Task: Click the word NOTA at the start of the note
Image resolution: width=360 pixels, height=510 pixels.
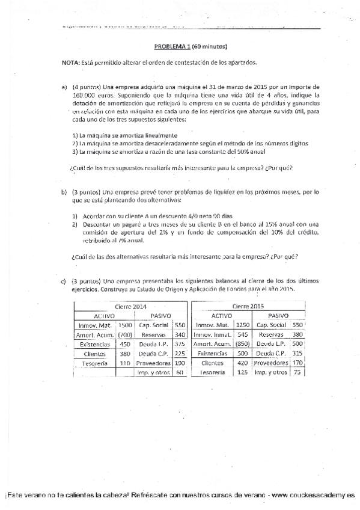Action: pyautogui.click(x=71, y=63)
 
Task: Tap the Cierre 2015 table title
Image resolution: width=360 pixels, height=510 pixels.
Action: pyautogui.click(x=248, y=306)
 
